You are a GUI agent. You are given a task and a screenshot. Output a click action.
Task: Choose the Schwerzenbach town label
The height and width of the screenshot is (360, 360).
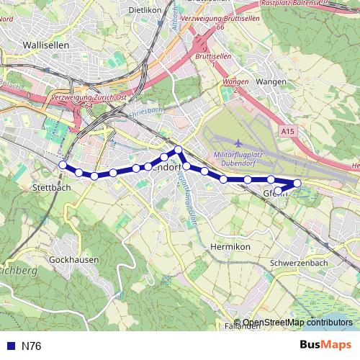(x=298, y=263)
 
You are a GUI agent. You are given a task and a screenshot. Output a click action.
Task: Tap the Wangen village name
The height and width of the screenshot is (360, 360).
(x=271, y=83)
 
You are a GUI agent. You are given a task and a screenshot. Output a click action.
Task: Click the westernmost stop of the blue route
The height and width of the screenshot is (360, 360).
(x=63, y=166)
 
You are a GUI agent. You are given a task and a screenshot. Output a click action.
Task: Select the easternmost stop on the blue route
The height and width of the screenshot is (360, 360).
(x=297, y=183)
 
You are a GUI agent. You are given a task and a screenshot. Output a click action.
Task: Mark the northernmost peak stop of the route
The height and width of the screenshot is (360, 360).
(x=178, y=149)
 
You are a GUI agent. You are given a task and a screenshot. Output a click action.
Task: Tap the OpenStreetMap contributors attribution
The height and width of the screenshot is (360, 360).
(x=297, y=322)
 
